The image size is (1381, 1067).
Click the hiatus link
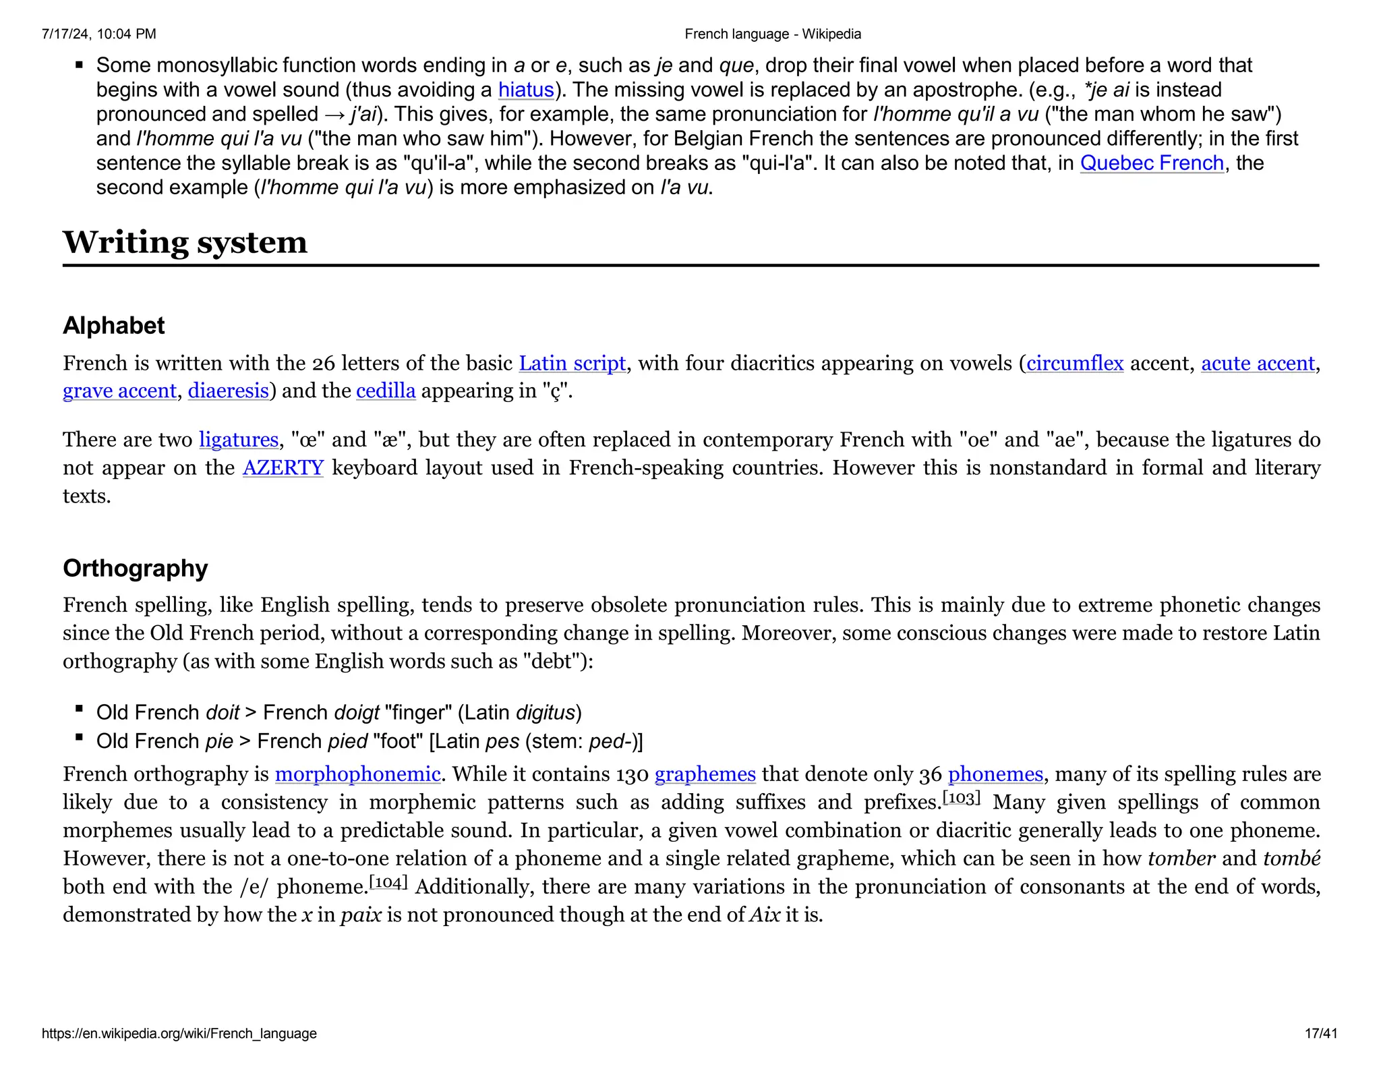[x=526, y=90]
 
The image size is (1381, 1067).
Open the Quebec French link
[x=1152, y=163]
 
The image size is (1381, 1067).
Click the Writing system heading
[x=185, y=242]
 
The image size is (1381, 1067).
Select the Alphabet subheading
[x=113, y=326]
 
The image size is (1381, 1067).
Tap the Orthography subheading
[x=135, y=569]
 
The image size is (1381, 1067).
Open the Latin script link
[x=572, y=364]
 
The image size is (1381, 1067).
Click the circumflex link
[x=1075, y=364]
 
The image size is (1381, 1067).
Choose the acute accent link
[x=1258, y=364]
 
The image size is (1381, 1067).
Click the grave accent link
[x=119, y=391]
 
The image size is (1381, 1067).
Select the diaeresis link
[x=228, y=391]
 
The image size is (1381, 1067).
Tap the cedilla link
[x=386, y=391]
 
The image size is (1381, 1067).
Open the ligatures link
[x=238, y=440]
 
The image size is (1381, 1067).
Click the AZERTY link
[x=283, y=468]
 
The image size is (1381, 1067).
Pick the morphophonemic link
[x=357, y=774]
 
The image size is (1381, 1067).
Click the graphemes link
[x=705, y=774]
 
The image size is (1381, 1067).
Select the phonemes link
[x=995, y=774]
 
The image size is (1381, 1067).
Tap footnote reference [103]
[x=961, y=799]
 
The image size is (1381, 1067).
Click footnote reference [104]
[x=388, y=883]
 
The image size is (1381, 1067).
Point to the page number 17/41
[x=1320, y=1033]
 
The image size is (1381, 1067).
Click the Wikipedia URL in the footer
[x=179, y=1033]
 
